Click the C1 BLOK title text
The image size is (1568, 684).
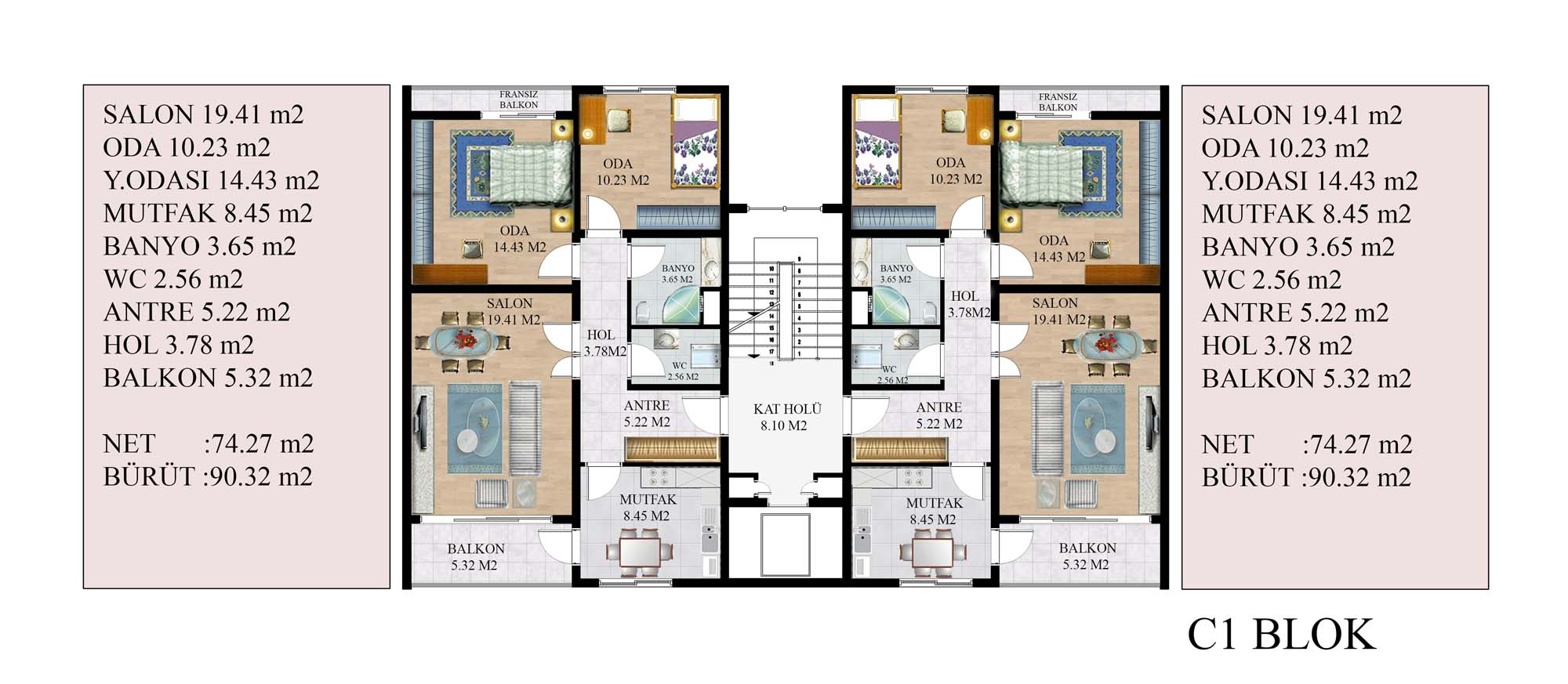[1281, 635]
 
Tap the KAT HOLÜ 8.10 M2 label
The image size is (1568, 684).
[787, 418]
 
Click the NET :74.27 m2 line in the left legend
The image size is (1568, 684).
[208, 444]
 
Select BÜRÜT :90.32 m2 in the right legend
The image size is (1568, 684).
[1306, 477]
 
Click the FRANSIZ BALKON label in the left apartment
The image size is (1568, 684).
[518, 100]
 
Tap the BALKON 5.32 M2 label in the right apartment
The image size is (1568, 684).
[1087, 556]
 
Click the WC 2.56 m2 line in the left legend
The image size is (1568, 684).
[173, 279]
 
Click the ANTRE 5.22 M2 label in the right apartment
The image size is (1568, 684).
[939, 415]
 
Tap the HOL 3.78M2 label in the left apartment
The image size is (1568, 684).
[604, 343]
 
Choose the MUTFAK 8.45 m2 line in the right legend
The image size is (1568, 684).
[1306, 214]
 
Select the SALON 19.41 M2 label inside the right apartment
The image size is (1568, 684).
[1058, 311]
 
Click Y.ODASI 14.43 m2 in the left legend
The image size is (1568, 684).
[211, 180]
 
